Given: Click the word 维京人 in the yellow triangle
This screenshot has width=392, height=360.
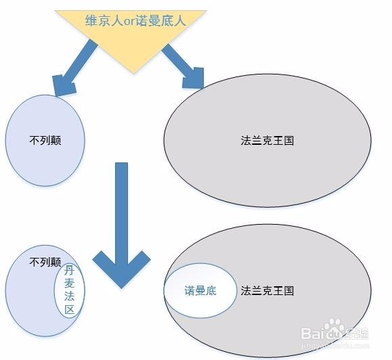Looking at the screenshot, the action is click(104, 20).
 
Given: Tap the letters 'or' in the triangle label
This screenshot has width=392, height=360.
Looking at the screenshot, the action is click(130, 22).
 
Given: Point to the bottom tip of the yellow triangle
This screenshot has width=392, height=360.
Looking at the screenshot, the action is click(133, 73).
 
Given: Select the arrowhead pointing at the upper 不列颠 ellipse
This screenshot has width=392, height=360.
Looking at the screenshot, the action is click(64, 85).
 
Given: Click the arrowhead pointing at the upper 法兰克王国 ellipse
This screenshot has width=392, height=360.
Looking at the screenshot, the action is click(193, 78).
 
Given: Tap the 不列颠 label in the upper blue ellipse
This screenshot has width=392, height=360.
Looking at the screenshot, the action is click(45, 140).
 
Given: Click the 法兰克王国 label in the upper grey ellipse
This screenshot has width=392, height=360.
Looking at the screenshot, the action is click(267, 140).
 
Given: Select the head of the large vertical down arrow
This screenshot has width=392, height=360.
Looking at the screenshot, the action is click(121, 269).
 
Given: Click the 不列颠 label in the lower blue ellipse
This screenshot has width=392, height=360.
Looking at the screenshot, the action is click(45, 262).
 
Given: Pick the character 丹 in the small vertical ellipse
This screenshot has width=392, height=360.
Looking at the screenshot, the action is click(69, 271).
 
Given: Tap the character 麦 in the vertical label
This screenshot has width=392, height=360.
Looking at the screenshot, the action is click(69, 284).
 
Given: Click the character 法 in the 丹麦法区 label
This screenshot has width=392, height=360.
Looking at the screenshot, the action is click(69, 296).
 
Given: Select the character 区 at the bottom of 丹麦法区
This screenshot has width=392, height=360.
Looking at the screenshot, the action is click(70, 309).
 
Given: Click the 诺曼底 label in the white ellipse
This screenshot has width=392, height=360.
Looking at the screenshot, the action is click(200, 291).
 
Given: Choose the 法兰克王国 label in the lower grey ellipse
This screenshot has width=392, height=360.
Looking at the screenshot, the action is click(267, 291).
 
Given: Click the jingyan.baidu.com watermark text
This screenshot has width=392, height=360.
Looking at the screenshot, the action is click(335, 346).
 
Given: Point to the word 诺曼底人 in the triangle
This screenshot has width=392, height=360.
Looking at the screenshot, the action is click(161, 20).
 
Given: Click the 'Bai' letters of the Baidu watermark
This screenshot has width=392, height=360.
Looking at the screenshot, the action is click(312, 333).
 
